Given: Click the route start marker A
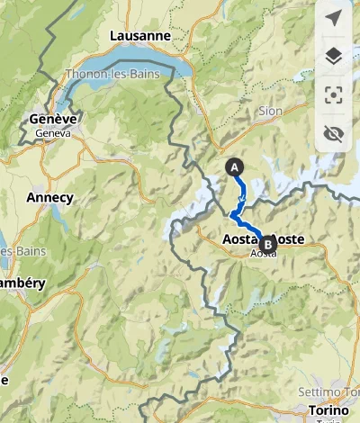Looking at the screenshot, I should pos(235,166).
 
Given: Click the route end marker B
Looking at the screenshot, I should pos(266,241).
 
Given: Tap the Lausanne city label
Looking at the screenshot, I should pos(139,35).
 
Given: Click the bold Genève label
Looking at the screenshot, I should pos(52,120).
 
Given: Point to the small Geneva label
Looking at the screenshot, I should pos(52,132).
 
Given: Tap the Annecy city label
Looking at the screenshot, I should pos(49,196).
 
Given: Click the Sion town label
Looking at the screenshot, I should pos(270,112).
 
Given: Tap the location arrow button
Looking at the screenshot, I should pos(334,19).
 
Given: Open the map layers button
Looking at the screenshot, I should pos(334,57).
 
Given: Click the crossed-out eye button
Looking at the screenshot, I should pos(334,134).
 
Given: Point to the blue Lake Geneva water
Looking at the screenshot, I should pos(135,63).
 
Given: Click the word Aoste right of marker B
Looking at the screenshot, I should pos(287,239).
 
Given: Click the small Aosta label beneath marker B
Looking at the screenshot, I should pos(263,255).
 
